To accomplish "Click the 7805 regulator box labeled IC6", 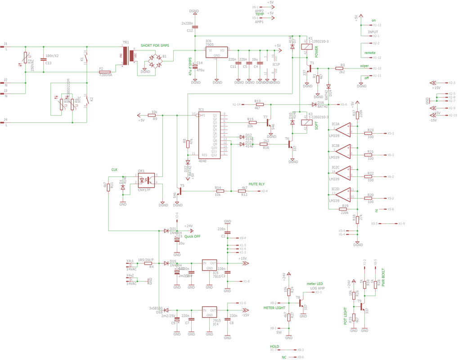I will click(216, 52).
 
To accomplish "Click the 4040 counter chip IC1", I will click(209, 135).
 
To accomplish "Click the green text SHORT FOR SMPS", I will click(155, 45).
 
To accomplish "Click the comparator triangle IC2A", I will click(344, 130).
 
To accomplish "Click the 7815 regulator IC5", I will click(210, 265).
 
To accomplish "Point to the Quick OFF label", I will click(192, 236).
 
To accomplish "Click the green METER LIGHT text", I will click(275, 308).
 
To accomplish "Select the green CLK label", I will click(114, 169).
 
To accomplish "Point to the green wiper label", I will click(364, 66).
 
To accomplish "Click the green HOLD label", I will click(274, 346).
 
